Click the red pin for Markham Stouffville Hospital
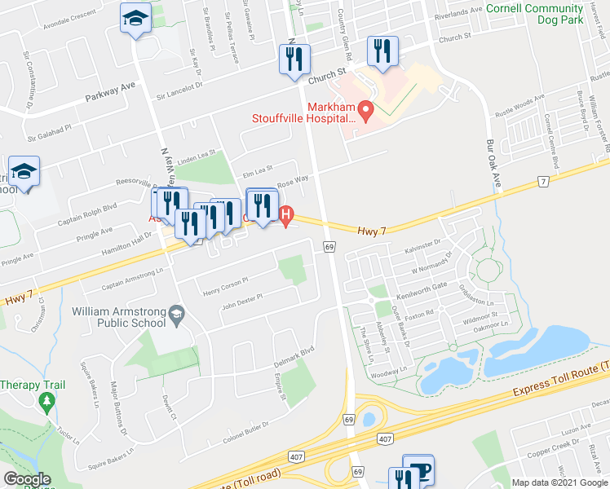367,109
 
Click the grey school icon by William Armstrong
176,313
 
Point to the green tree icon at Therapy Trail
47,401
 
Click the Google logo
28,479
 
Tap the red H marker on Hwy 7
285,217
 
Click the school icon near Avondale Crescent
134,18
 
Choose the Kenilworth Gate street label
440,287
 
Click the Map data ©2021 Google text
559,482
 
